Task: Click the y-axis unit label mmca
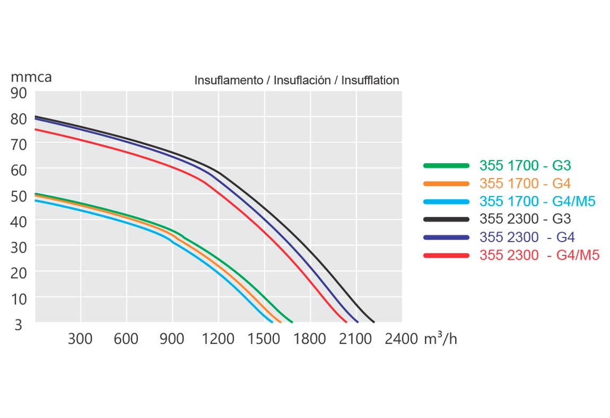pyautogui.click(x=31, y=77)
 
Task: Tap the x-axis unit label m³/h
pyautogui.click(x=440, y=339)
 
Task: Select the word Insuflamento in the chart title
pyautogui.click(x=229, y=81)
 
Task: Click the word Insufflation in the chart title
pyautogui.click(x=370, y=81)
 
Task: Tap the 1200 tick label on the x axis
pyautogui.click(x=218, y=339)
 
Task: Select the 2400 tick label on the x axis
pyautogui.click(x=402, y=339)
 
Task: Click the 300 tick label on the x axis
pyautogui.click(x=80, y=339)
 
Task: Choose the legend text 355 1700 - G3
pyautogui.click(x=525, y=166)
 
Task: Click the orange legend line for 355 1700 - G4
pyautogui.click(x=447, y=184)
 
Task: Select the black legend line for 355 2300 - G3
pyautogui.click(x=447, y=219)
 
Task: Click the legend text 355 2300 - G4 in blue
pyautogui.click(x=527, y=237)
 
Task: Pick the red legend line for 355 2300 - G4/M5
pyautogui.click(x=447, y=255)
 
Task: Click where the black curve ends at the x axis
pyautogui.click(x=373, y=321)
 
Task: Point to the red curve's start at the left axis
pyautogui.click(x=36, y=129)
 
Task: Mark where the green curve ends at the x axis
pyautogui.click(x=292, y=321)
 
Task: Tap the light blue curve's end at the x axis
pyautogui.click(x=272, y=321)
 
